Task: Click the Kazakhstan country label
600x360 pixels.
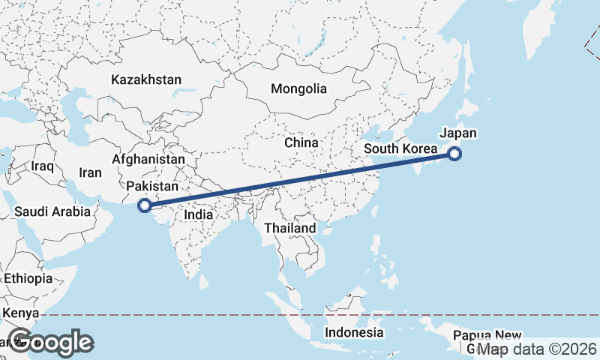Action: coord(146,79)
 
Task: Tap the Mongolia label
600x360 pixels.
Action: coord(299,88)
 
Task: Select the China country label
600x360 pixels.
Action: coord(301,142)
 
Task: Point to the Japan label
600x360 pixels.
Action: coord(457,133)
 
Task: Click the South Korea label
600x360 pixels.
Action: coord(400,148)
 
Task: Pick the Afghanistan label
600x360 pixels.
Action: coord(148,160)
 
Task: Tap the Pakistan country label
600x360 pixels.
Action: coord(152,187)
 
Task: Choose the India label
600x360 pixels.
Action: coord(199,214)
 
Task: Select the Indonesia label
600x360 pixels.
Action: coord(354,332)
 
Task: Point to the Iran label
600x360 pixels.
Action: coord(90,172)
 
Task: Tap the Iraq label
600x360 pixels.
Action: coord(43,165)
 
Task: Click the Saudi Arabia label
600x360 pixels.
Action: coord(52,212)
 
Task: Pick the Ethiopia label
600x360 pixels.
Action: coord(28,278)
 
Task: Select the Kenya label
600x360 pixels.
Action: coord(20,312)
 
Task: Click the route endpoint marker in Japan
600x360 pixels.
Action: coord(454,154)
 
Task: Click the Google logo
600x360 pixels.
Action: coord(50,342)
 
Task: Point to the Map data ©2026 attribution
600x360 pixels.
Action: coord(537,349)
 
